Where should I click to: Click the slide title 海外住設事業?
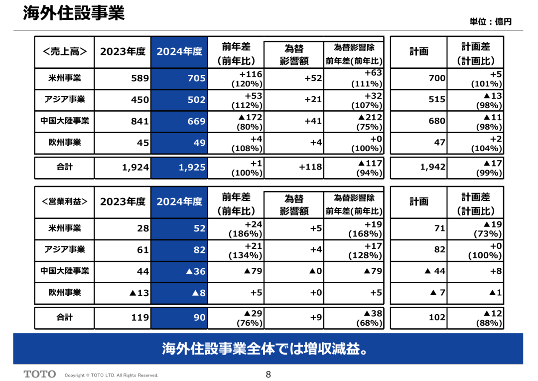coord(74,13)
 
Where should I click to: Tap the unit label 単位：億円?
coord(490,21)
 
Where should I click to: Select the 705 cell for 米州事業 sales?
coord(196,78)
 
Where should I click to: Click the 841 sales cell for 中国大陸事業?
coord(140,121)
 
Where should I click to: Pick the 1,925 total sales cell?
coord(192,167)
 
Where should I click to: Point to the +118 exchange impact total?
coord(310,167)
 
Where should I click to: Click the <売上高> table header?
coord(64,51)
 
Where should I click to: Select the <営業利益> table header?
coord(64,201)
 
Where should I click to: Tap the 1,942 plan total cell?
coord(433,167)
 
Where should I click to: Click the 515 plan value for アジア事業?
coord(437,100)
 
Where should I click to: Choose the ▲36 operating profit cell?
coord(196,271)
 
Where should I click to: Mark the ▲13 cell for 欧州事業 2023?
coord(139,293)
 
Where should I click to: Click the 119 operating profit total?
coord(140,318)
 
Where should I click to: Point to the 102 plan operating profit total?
coord(437,318)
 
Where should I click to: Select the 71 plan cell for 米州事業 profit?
coord(439,228)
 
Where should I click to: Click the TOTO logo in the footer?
coord(40,374)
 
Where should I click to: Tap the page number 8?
coord(269,375)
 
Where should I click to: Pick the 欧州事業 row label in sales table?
coord(64,142)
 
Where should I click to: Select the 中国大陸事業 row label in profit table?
coord(64,271)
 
